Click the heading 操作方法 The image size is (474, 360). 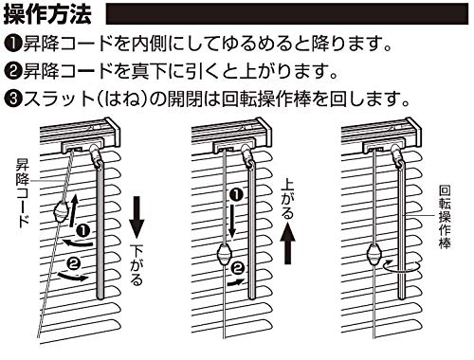pos(47,14)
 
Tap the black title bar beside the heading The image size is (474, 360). pos(287,14)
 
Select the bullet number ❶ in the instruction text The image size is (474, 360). pos(12,45)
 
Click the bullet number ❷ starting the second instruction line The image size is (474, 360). pos(12,72)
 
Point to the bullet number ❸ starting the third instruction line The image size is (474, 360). pos(12,99)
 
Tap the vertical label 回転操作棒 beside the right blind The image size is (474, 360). pos(445,217)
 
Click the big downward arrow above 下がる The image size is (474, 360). pos(137,217)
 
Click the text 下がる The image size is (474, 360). pos(137,266)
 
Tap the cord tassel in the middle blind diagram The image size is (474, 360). pos(225,255)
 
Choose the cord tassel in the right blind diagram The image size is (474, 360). pos(375,255)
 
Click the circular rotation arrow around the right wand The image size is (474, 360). pos(402,266)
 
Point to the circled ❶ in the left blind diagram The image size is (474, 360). pos(83,231)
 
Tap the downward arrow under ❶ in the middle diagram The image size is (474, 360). pos(231,221)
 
